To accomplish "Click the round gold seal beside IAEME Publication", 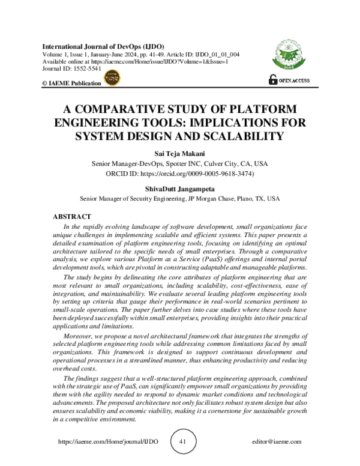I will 112,77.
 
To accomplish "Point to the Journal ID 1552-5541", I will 67,69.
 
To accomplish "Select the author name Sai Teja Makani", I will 180,153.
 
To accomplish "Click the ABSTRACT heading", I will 72,216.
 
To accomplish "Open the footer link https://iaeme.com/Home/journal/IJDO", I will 109,441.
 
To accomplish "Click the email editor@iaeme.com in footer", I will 277,441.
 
